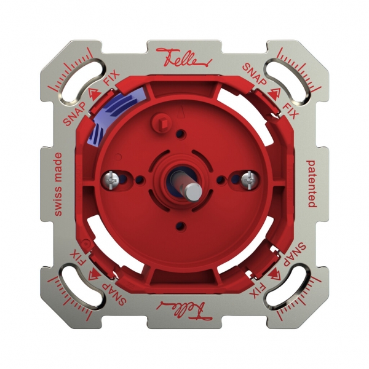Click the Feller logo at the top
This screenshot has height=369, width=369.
[x=184, y=57]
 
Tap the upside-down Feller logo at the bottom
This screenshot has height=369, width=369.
[x=184, y=306]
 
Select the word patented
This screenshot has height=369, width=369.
[x=311, y=183]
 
